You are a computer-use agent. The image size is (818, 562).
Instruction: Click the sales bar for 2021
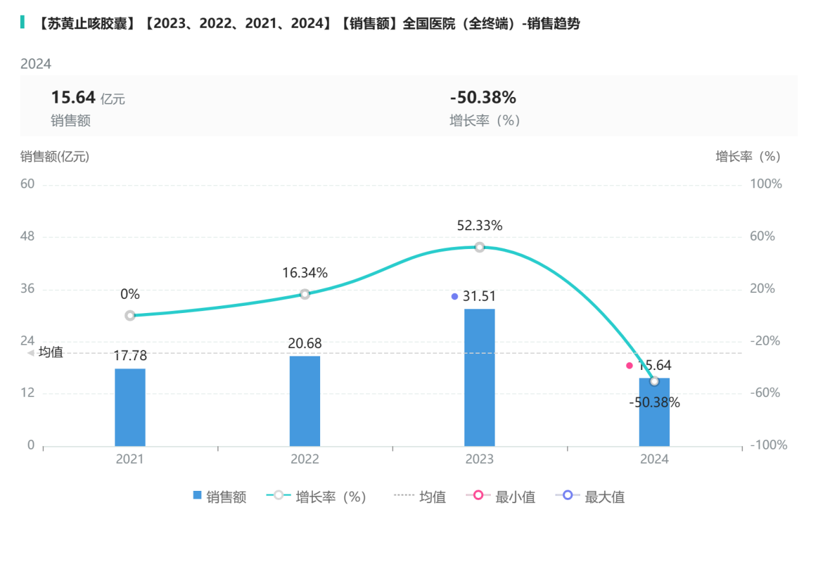(x=130, y=407)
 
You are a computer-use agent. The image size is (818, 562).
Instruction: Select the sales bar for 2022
(x=305, y=400)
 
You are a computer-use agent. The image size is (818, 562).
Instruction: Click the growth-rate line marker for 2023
(x=479, y=247)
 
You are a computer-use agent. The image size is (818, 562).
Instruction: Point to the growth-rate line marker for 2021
(x=130, y=316)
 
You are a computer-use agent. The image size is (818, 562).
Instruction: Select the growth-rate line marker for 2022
(x=305, y=294)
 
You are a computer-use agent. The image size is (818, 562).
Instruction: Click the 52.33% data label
(x=479, y=226)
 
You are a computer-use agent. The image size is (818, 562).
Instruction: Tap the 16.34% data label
(x=305, y=273)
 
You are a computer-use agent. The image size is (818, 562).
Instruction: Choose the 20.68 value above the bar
(x=305, y=343)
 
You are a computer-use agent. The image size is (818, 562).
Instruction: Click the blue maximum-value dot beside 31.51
(x=455, y=296)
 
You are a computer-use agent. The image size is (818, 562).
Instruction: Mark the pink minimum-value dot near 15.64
(x=629, y=365)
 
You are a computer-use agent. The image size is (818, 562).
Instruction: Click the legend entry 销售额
(x=220, y=497)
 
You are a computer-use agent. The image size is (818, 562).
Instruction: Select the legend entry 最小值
(x=500, y=497)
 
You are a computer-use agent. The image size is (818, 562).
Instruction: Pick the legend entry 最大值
(x=590, y=497)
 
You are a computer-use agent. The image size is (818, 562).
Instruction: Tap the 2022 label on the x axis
(x=305, y=459)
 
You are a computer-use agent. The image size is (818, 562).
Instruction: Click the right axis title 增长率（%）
(x=748, y=157)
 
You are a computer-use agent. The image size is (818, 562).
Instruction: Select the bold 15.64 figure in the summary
(x=73, y=98)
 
